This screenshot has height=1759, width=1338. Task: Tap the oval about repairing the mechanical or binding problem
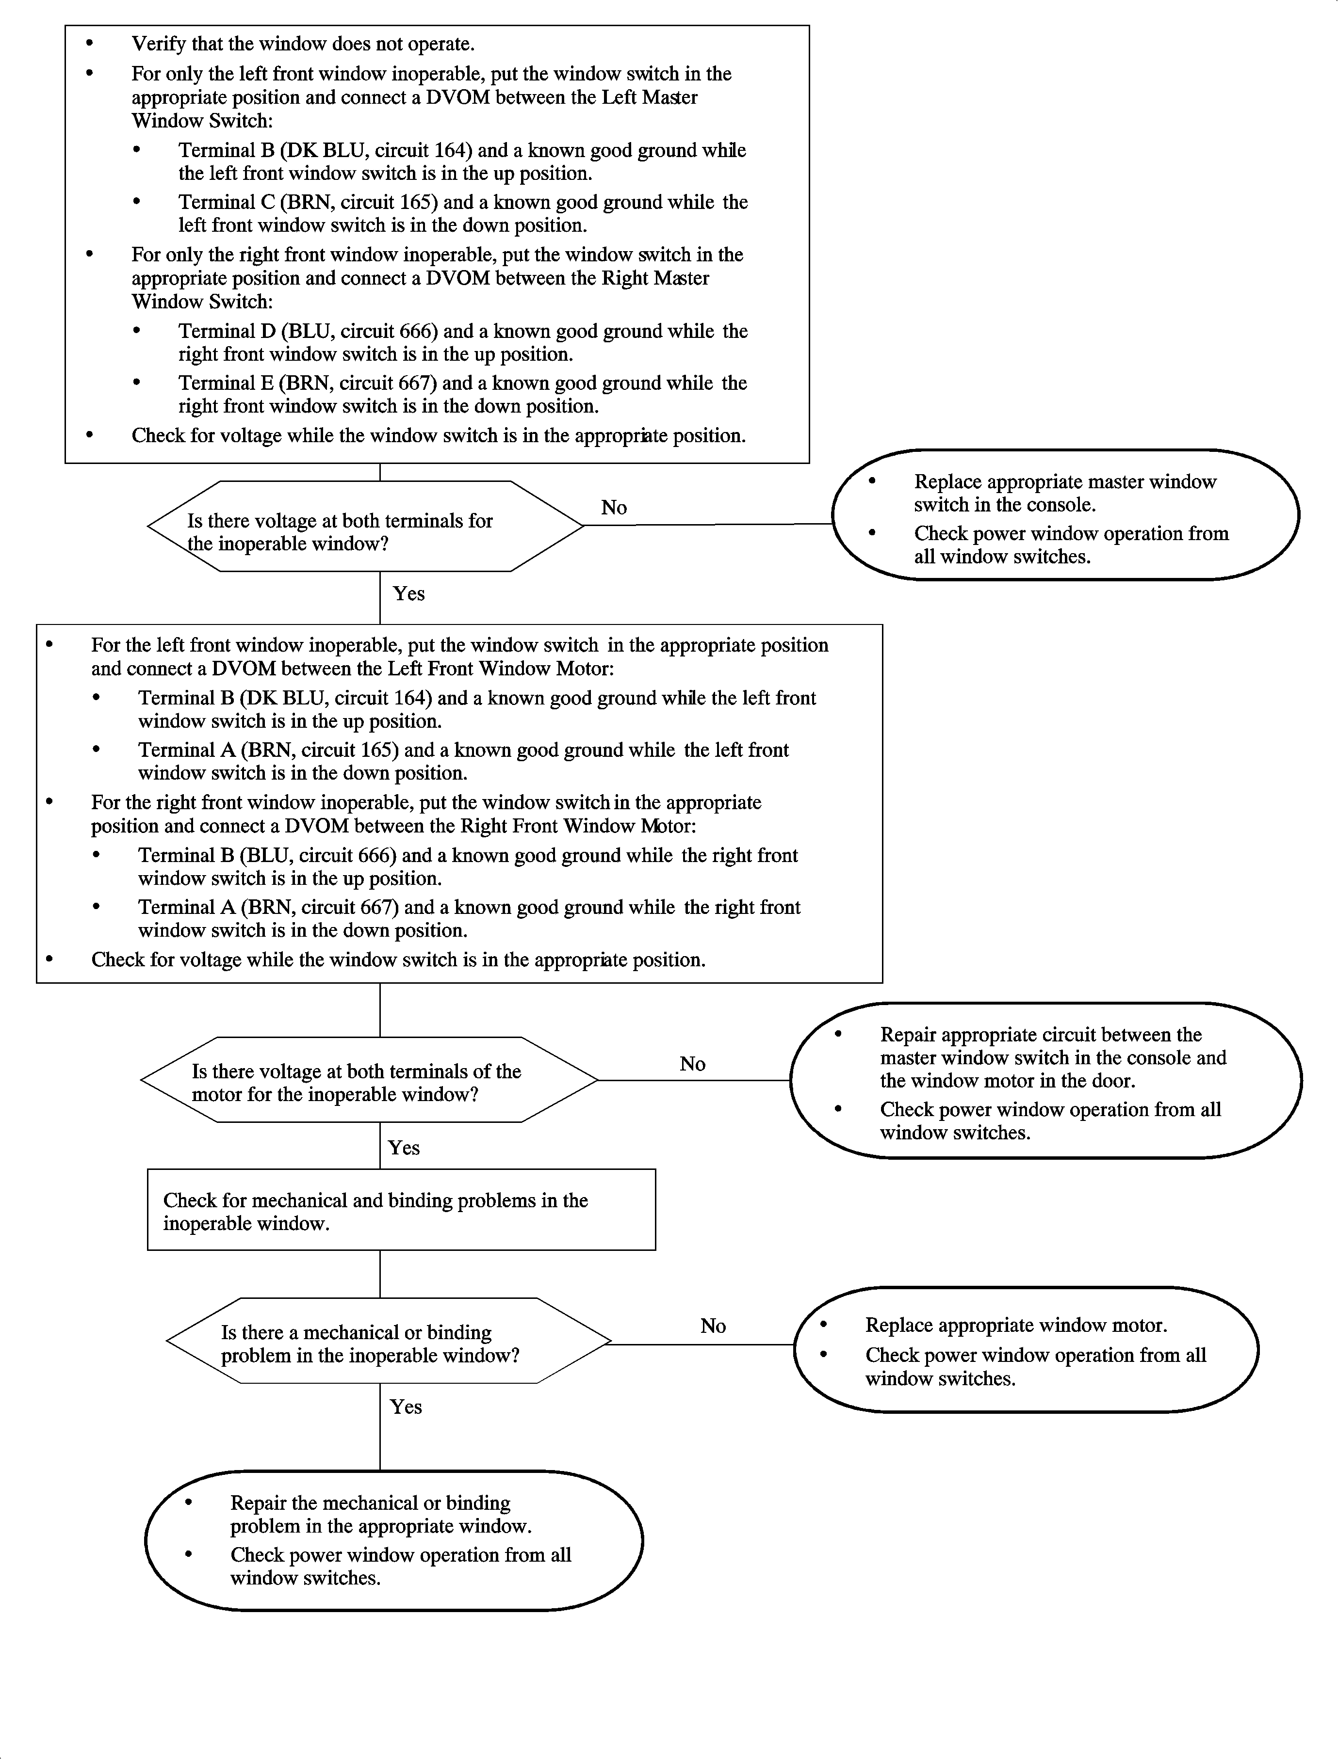pyautogui.click(x=393, y=1540)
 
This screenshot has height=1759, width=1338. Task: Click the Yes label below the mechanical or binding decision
pyautogui.click(x=406, y=1407)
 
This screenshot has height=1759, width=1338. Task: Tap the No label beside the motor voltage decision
pyautogui.click(x=692, y=1064)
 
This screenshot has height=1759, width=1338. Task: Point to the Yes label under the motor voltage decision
pyautogui.click(x=404, y=1148)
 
